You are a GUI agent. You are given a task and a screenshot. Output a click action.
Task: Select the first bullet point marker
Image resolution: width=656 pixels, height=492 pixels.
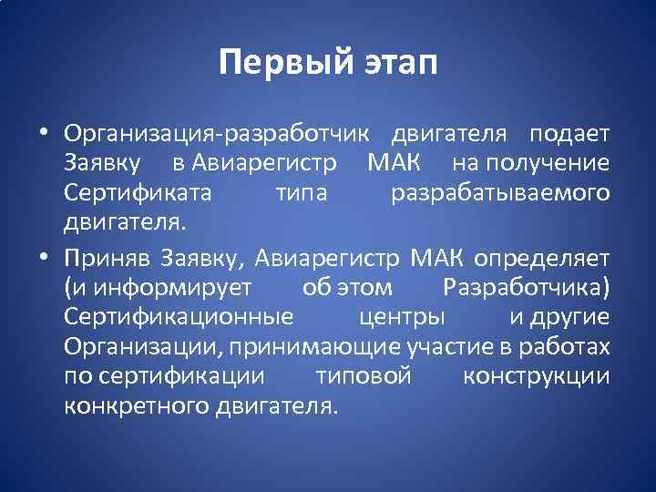point(44,135)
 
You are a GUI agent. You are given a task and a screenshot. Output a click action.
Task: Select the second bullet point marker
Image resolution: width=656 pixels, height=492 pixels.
point(44,258)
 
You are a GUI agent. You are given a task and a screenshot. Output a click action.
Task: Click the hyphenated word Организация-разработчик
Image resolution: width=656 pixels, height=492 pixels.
point(217,134)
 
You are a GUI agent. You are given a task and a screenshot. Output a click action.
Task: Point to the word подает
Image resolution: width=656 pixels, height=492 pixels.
point(569,134)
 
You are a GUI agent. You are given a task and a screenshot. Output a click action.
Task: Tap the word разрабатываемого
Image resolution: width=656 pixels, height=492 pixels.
point(500,193)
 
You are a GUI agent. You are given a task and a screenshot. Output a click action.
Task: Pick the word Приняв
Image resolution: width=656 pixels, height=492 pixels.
point(108,258)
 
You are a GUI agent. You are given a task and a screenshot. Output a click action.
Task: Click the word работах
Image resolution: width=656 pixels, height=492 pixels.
point(569,347)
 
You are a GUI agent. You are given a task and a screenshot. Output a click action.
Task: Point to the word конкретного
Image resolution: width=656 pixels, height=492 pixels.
point(137,405)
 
